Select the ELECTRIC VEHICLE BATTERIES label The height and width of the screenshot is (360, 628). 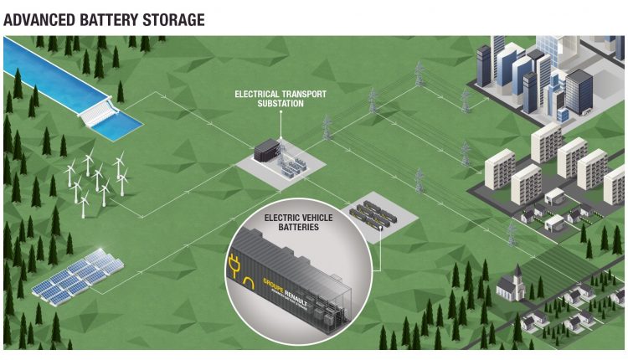tap(298, 222)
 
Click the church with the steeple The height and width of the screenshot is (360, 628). tap(510, 285)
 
